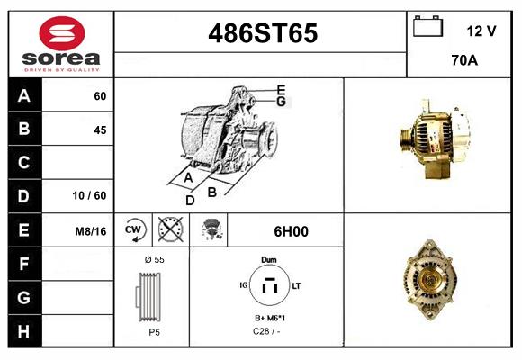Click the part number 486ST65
click(263, 33)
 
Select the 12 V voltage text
click(481, 31)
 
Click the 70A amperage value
click(464, 62)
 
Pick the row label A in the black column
click(24, 96)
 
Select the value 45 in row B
click(99, 130)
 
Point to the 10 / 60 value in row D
click(93, 195)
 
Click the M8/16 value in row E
click(92, 231)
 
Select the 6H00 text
click(291, 231)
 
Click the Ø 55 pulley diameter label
click(154, 259)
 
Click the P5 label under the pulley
click(154, 331)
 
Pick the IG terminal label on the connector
click(243, 285)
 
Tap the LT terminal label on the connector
click(296, 285)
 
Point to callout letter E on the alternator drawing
click(281, 89)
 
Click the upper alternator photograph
click(431, 136)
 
